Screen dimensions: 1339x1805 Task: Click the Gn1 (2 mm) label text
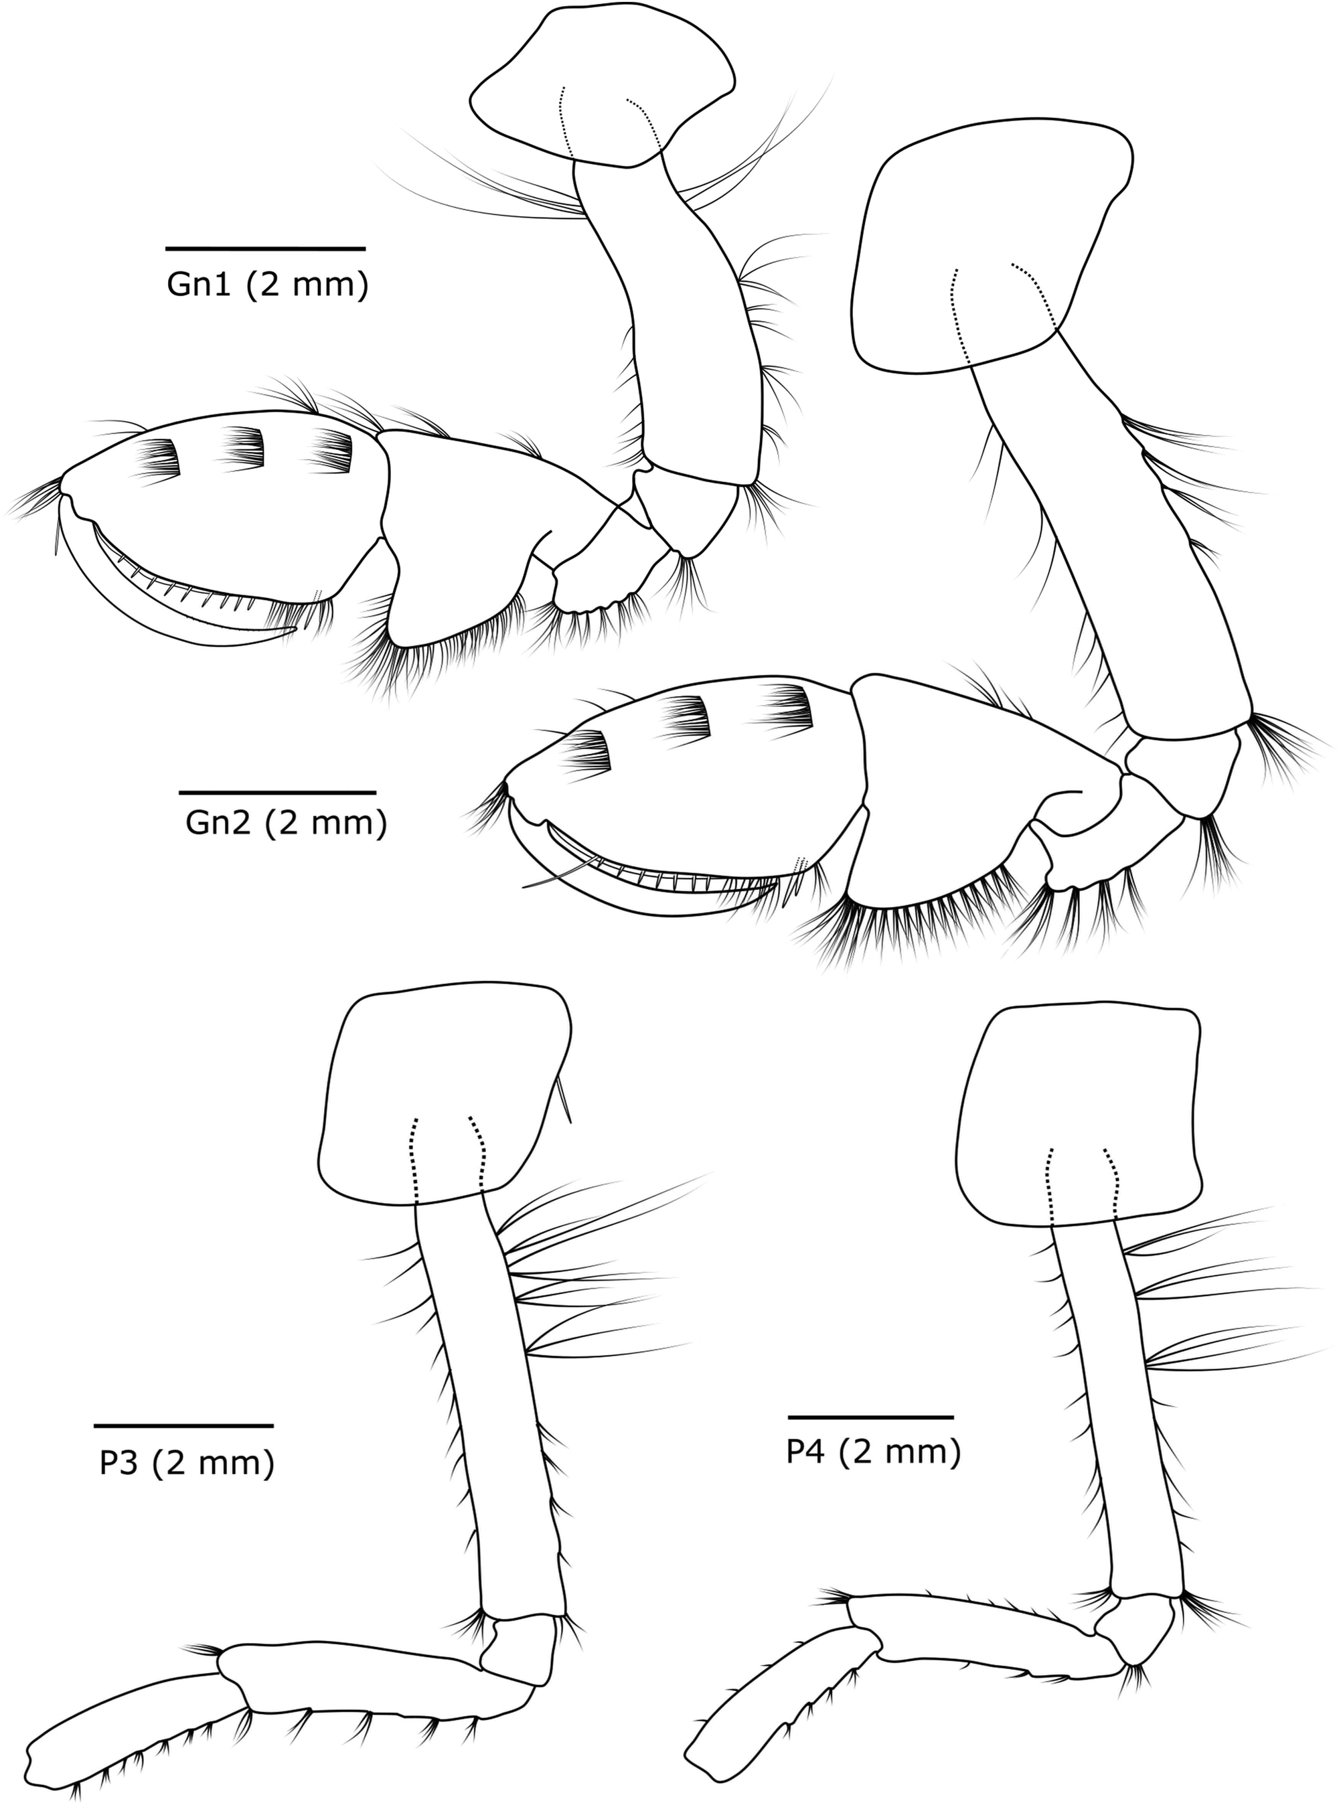(268, 285)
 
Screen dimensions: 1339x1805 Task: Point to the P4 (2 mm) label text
(874, 1452)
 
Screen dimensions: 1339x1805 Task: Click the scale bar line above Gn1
(265, 248)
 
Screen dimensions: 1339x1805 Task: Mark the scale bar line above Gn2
(277, 791)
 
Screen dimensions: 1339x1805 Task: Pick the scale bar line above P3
(183, 1425)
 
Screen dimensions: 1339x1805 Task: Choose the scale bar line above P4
(870, 1417)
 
